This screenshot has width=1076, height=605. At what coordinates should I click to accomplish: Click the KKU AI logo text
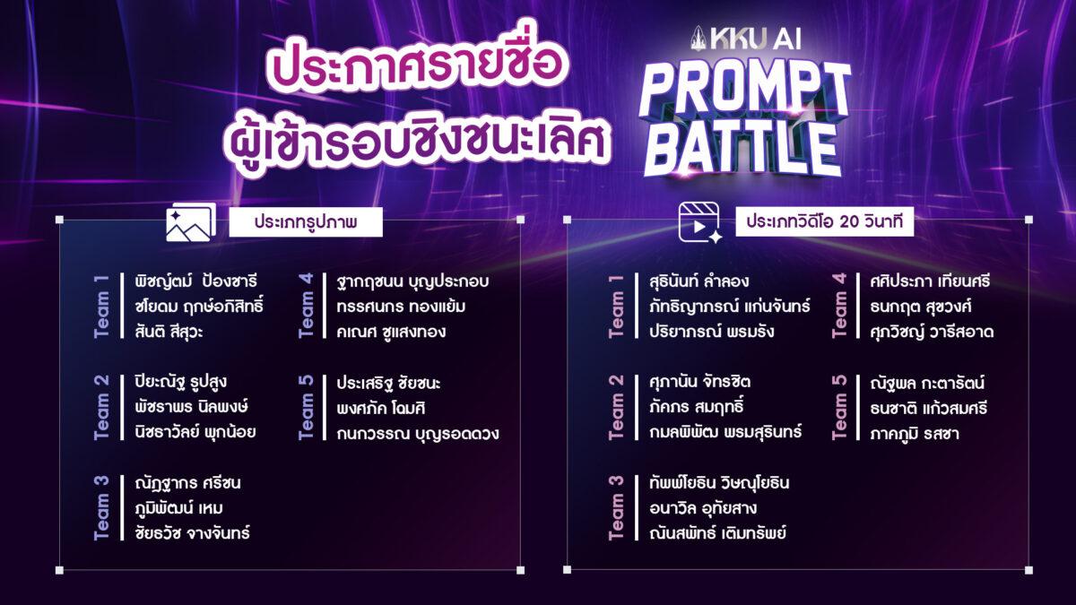(x=746, y=39)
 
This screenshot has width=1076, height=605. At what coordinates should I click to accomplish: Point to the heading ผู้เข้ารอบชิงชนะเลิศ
(x=416, y=138)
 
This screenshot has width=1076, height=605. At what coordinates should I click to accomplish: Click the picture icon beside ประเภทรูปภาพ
(x=191, y=222)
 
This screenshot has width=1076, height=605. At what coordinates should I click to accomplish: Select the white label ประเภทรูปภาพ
(x=306, y=222)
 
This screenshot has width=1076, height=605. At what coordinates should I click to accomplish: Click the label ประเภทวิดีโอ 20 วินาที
(x=824, y=222)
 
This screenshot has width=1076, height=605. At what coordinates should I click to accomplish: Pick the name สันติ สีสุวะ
(x=169, y=332)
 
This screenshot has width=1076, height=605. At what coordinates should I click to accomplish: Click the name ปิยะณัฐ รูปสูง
(x=180, y=383)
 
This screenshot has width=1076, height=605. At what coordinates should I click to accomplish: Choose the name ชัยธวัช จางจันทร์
(x=192, y=533)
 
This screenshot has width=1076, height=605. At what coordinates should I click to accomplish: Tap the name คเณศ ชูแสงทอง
(x=391, y=332)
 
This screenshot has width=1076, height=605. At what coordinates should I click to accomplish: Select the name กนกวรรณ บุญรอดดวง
(x=418, y=434)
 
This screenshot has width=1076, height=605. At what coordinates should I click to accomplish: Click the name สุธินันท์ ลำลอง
(x=699, y=281)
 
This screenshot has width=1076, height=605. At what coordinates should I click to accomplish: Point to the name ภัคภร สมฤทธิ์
(x=696, y=408)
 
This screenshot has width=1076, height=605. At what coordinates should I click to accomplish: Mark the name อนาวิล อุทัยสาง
(x=703, y=508)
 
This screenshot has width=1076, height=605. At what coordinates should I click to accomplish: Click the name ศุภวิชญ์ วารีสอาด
(x=932, y=332)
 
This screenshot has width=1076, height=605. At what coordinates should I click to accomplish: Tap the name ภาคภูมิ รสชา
(x=914, y=434)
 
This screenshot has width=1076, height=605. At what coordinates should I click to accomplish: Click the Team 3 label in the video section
(x=616, y=508)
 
